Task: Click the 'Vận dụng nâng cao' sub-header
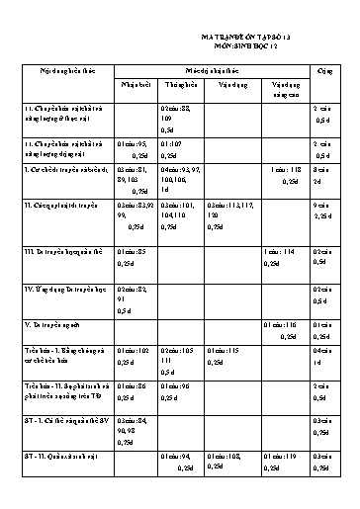pyautogui.click(x=284, y=90)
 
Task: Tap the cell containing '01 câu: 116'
pyautogui.click(x=284, y=329)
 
